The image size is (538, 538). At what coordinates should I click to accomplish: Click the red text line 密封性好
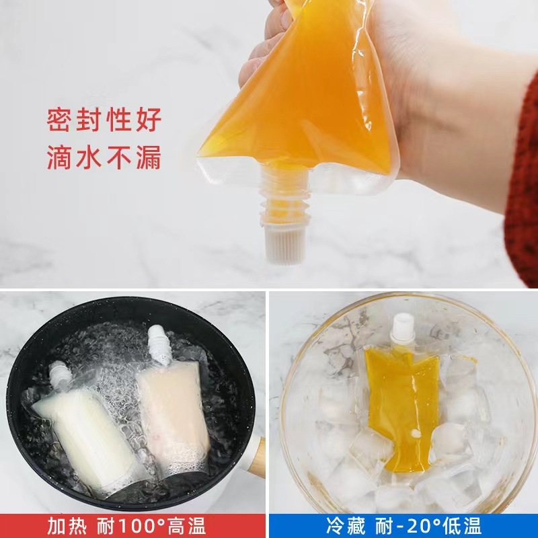104,121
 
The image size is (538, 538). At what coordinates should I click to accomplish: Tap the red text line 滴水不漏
104,157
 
